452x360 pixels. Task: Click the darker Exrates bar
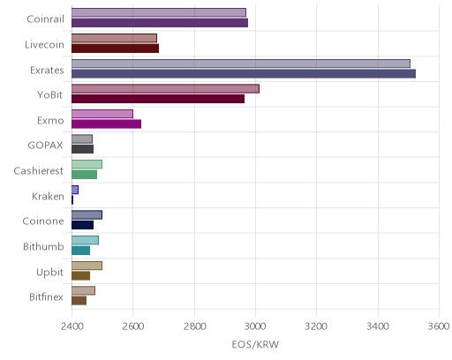pos(244,74)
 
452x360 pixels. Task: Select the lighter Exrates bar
pos(241,64)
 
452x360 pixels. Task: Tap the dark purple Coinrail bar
pos(160,23)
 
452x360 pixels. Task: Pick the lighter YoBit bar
pos(166,88)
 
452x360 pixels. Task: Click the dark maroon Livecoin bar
pos(116,49)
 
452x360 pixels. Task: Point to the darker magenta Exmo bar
pos(107,124)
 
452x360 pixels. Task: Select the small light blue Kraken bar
pos(75,190)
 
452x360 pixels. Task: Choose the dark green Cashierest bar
pos(85,175)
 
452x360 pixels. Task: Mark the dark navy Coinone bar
pos(83,225)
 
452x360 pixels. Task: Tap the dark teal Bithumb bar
pos(81,251)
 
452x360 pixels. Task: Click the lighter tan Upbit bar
pos(87,266)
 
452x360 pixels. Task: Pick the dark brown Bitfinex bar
pos(79,301)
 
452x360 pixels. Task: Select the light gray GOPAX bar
pos(82,139)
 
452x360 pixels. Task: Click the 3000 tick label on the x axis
pos(256,326)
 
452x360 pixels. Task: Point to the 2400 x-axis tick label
pos(72,326)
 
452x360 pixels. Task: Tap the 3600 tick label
pos(439,326)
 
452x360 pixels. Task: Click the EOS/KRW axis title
pos(255,344)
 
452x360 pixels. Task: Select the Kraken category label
pos(48,196)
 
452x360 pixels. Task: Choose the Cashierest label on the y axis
pos(39,170)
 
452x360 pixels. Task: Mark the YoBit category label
pos(50,95)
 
